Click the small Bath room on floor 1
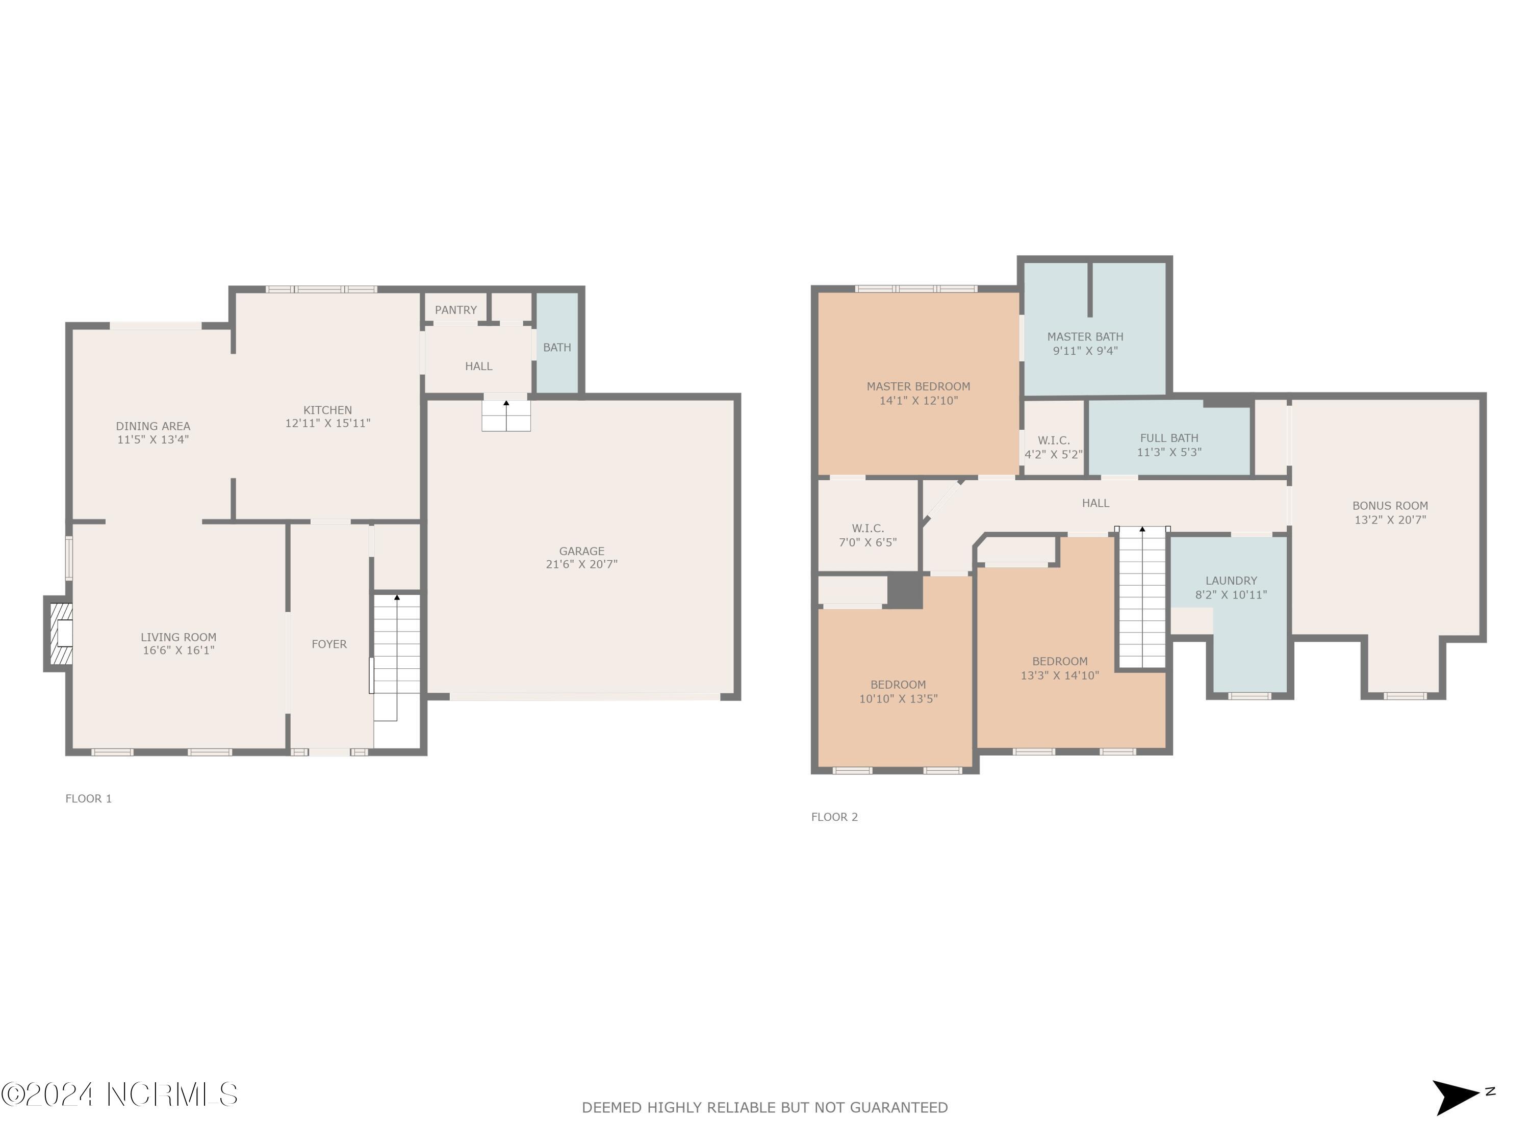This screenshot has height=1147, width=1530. (557, 347)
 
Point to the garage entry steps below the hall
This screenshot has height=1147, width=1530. (505, 415)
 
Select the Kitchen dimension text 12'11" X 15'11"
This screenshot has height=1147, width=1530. (327, 423)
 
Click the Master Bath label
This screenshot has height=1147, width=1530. (1085, 336)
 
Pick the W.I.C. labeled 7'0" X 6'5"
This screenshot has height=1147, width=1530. (868, 535)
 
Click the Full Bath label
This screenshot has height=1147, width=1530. (1169, 437)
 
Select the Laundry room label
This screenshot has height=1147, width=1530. (1231, 581)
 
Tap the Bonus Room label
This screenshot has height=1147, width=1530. (1390, 505)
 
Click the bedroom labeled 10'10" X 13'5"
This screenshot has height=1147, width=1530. (898, 691)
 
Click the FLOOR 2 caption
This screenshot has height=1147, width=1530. (834, 817)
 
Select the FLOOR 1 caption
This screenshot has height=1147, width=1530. (89, 798)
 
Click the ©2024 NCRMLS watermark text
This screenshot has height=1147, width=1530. (119, 1094)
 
